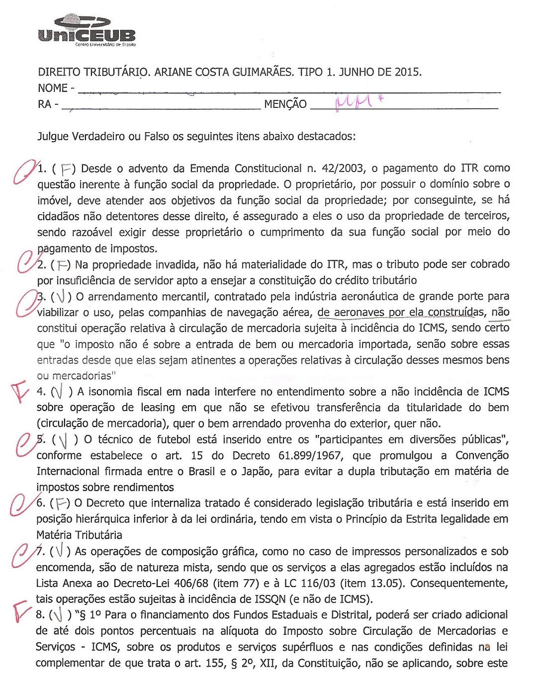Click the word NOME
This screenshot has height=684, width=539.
click(52, 88)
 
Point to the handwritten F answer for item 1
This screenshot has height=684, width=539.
click(65, 170)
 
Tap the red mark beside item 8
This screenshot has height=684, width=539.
click(22, 612)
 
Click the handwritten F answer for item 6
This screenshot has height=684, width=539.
click(62, 504)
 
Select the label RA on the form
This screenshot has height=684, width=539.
click(45, 104)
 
